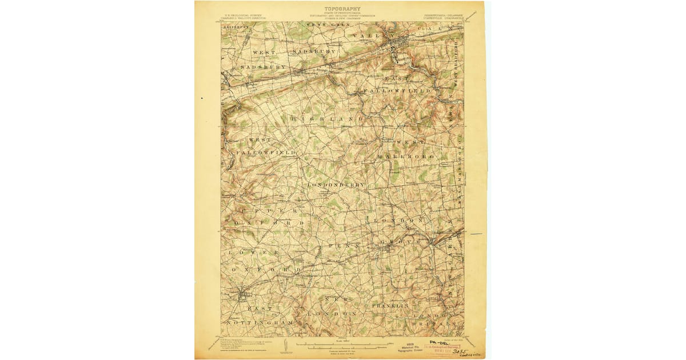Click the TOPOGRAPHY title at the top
pos(342,9)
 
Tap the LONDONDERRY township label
pos(336,186)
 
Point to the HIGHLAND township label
pos(327,118)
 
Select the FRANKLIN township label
pos(392,306)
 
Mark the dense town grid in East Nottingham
pos(243,295)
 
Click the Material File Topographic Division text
pos(410,348)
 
